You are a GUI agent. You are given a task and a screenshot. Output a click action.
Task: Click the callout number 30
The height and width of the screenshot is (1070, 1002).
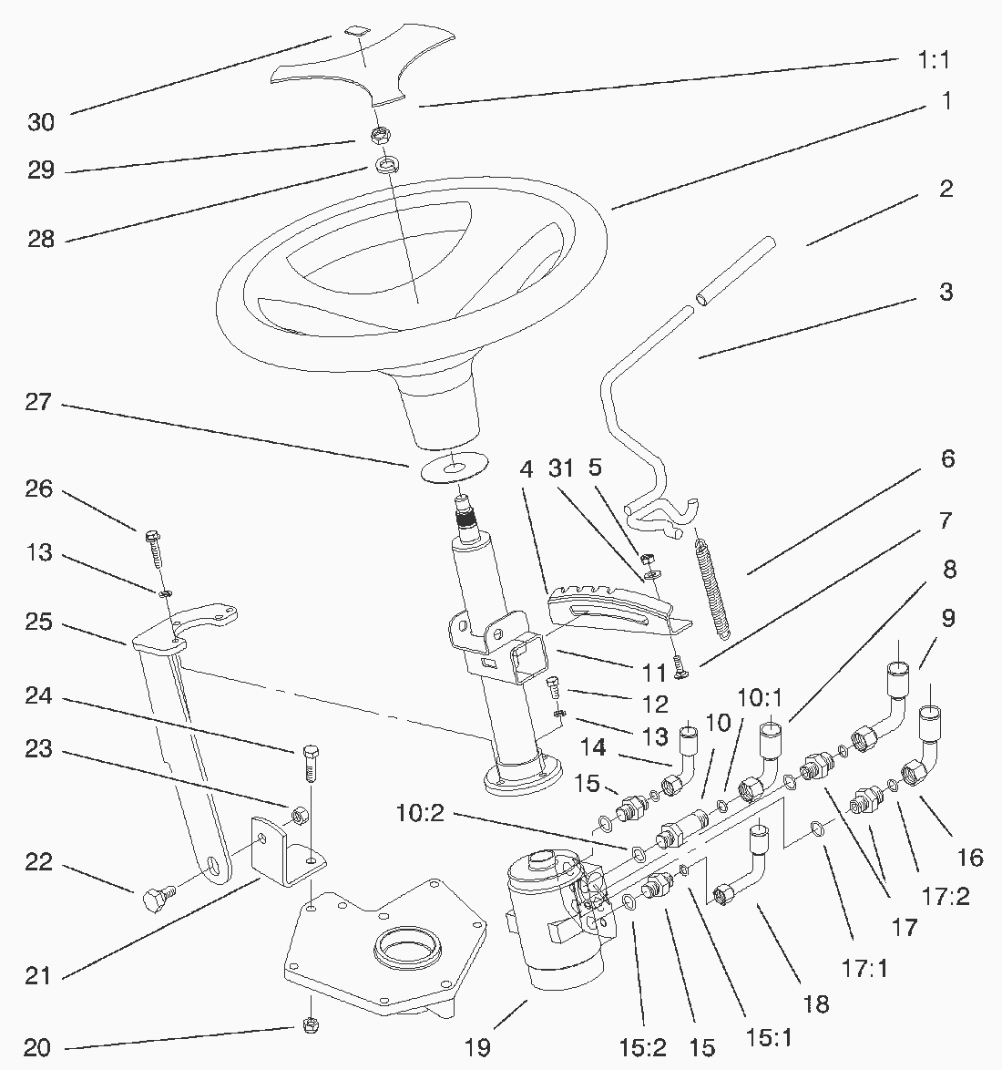coord(41,122)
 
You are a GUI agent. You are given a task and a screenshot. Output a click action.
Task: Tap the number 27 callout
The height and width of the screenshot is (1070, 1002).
coord(41,402)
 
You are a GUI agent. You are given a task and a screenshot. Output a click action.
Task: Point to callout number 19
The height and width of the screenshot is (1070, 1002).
coord(477,1046)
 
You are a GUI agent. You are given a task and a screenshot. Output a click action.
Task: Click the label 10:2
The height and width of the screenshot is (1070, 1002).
coord(419,810)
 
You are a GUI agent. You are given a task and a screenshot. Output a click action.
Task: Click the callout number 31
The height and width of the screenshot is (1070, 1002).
coord(561,468)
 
